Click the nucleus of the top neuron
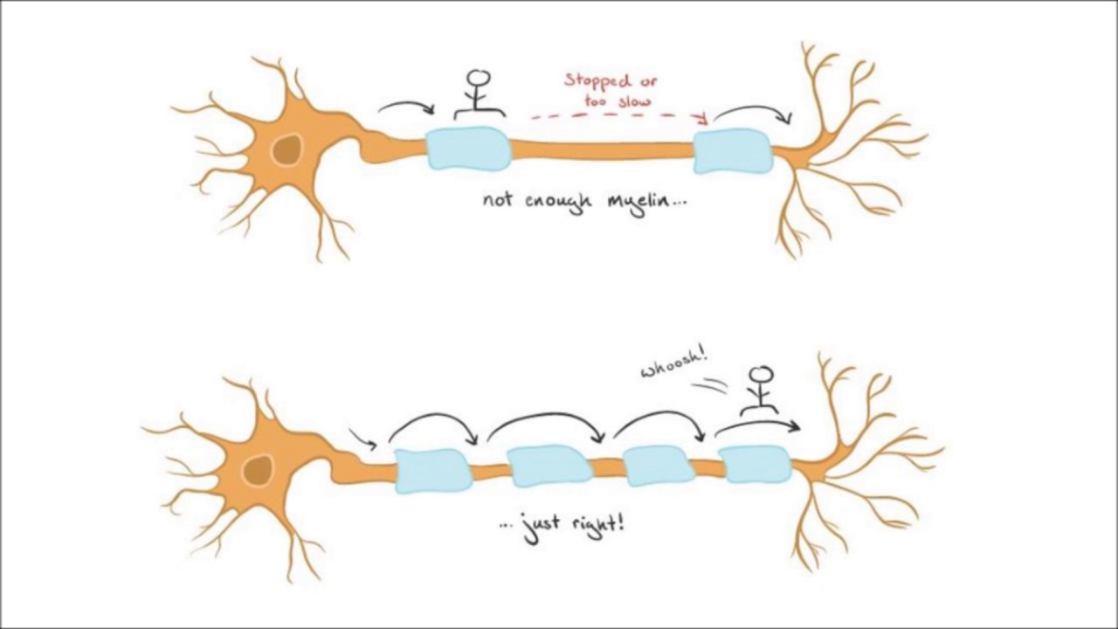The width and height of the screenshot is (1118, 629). (286, 150)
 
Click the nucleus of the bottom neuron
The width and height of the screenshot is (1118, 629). (256, 471)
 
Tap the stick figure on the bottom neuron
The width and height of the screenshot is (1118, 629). (763, 390)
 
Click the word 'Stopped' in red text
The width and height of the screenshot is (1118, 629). (597, 81)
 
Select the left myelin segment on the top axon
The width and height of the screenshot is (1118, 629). (469, 149)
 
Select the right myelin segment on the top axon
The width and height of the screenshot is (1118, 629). (733, 151)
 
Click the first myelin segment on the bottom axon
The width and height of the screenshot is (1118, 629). (433, 470)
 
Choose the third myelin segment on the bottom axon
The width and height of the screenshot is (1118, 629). (659, 466)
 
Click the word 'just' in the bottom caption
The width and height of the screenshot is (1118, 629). (538, 528)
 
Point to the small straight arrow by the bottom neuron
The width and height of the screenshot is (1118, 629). (362, 438)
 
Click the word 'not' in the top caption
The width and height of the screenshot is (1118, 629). (498, 200)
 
